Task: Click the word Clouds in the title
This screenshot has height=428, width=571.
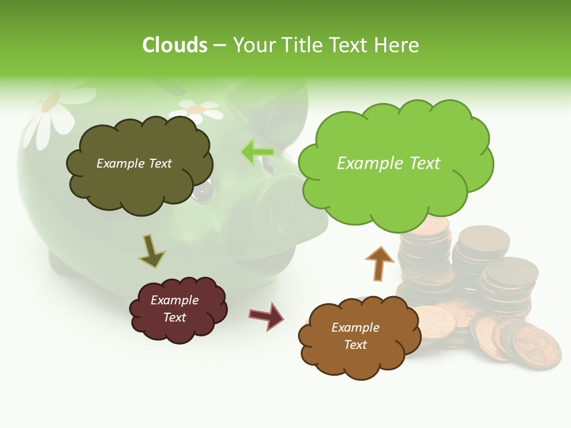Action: coord(175,45)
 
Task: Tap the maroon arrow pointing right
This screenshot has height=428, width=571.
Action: coord(266,316)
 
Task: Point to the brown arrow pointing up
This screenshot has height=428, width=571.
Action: coord(379,263)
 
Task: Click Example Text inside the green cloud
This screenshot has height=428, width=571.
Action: coord(388,163)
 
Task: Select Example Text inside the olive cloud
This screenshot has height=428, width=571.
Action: coord(134,163)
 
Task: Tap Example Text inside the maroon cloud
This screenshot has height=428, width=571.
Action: coord(174,309)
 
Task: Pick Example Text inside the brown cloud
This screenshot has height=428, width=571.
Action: coord(355,336)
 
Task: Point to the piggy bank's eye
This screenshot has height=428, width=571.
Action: coord(203,190)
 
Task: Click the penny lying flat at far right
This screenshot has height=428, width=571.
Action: coord(536,348)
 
